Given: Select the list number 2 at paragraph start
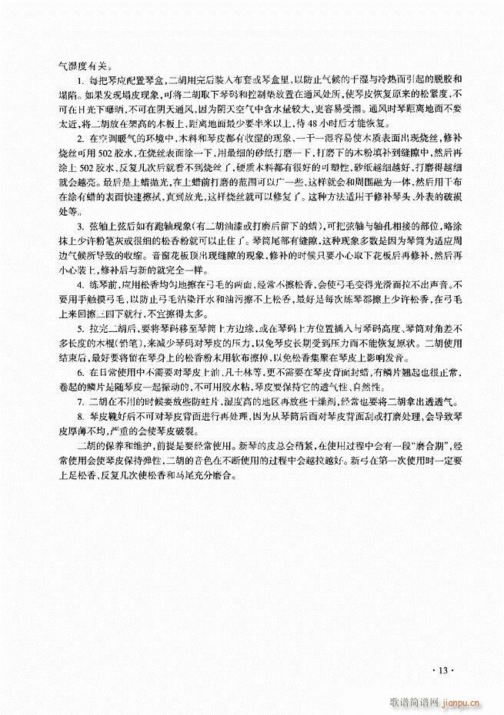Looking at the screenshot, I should coord(78,137).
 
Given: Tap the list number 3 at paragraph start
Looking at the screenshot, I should coord(78,226).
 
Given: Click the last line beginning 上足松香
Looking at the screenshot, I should coord(145,477).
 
